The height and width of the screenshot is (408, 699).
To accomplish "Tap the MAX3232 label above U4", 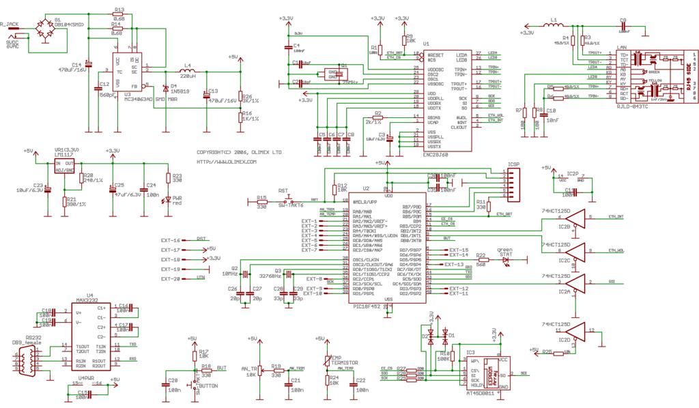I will coord(86,300).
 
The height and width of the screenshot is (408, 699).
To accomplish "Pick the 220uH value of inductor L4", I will coord(188,77).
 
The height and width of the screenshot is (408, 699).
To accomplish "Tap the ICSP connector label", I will coord(514,165).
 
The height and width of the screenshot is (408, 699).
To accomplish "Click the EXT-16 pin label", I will coord(170,240).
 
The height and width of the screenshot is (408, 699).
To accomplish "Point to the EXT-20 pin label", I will coord(170,279).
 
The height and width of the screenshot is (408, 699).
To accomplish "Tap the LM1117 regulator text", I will coord(65,156).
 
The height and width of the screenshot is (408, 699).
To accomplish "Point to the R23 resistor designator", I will coord(177,175).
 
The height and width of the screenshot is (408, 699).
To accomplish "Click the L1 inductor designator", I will coord(554,20).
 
